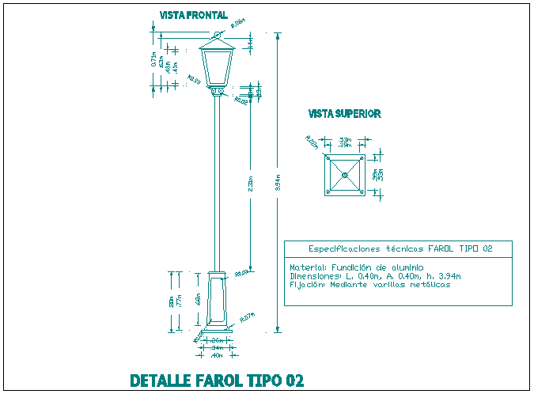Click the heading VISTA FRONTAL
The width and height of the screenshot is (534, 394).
[x=193, y=15]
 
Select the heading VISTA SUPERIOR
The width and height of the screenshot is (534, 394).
[x=344, y=114]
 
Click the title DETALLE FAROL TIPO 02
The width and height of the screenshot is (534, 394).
[x=216, y=381]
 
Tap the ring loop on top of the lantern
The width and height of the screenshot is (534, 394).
[x=216, y=33]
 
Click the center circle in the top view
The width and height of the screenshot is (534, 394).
[x=344, y=174]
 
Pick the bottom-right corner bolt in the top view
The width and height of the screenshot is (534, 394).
[x=361, y=191]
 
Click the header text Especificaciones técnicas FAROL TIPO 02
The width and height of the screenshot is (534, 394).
[x=400, y=248]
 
